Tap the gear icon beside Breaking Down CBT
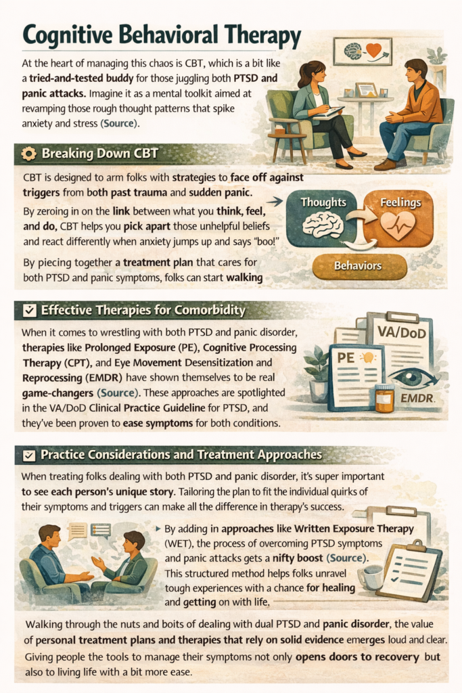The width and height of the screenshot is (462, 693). click(28, 154)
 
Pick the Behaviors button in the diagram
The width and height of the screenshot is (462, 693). click(359, 266)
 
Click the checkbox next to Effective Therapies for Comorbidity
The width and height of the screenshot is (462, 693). click(30, 311)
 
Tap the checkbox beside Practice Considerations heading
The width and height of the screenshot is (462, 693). click(29, 455)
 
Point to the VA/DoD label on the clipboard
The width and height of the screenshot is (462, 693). click(401, 332)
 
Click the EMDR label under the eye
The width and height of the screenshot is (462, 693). click(417, 398)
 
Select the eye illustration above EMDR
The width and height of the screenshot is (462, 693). click(413, 378)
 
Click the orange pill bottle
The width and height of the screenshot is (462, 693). click(384, 398)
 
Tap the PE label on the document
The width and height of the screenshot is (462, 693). click(346, 357)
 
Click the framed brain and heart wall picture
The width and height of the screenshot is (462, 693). click(363, 51)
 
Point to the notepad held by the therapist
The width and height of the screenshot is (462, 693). click(329, 112)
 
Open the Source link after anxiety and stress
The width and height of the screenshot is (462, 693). click(118, 124)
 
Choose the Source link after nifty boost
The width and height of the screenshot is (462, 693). click(346, 558)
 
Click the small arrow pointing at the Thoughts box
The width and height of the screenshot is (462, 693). click(275, 202)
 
